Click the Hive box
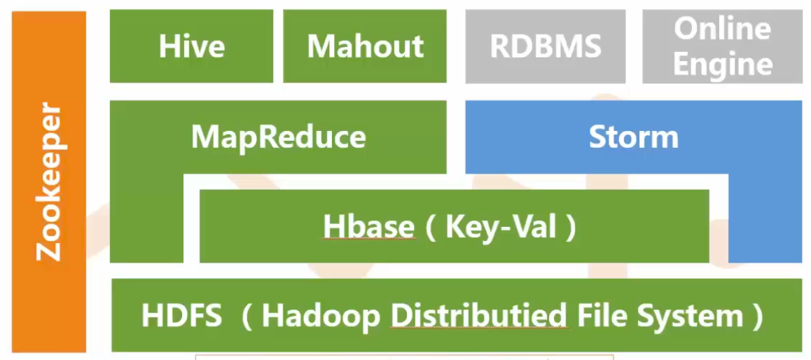(191, 46)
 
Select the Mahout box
(365, 46)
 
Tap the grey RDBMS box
(546, 46)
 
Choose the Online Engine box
(723, 46)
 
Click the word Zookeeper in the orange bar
(48, 181)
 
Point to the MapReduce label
(278, 137)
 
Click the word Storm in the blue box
(633, 137)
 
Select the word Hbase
(368, 227)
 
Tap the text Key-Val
(501, 227)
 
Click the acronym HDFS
(181, 316)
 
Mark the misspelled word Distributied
(478, 316)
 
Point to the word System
(689, 316)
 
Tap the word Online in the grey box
(723, 29)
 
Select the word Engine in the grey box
(723, 64)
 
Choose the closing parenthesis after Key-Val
(570, 228)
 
